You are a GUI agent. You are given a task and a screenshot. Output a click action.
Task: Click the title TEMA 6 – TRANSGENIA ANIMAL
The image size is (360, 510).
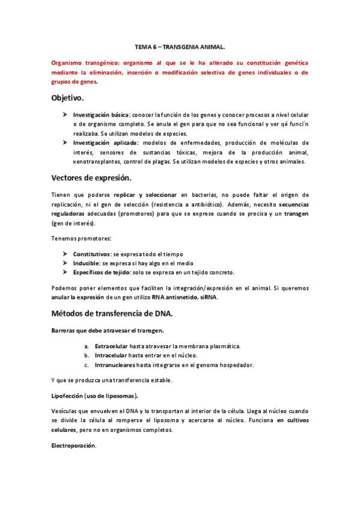tap(180, 46)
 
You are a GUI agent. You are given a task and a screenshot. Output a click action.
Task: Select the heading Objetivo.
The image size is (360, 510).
tap(68, 97)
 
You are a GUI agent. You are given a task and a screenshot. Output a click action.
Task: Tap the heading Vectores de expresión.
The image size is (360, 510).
tap(91, 178)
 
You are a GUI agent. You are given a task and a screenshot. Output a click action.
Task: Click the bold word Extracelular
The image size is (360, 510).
tap(111, 346)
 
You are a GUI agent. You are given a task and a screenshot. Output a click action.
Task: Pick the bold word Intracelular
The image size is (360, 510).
tap(111, 355)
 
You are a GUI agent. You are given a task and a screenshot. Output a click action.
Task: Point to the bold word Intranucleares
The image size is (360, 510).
tap(115, 365)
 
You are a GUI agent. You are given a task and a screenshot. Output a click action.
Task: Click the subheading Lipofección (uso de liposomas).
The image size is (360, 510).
tap(94, 395)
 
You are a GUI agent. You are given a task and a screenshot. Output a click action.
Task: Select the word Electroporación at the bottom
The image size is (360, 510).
tap(74, 446)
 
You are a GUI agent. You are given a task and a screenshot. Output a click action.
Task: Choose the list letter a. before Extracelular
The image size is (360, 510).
tap(87, 346)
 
